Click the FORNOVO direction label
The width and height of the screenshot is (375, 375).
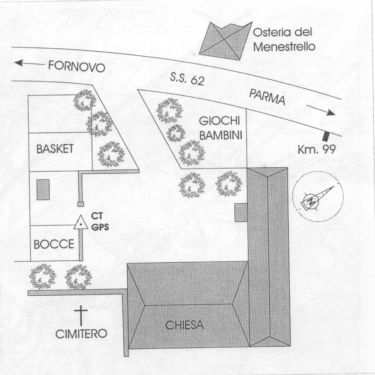click(x=77, y=67)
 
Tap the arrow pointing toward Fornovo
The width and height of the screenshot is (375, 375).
click(x=30, y=63)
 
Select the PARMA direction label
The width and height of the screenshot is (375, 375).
click(x=267, y=97)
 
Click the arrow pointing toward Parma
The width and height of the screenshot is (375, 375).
click(x=321, y=110)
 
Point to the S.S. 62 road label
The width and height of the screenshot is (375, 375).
click(x=187, y=79)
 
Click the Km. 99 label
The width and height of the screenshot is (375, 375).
click(x=317, y=149)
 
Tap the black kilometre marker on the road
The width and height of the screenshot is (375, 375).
click(x=326, y=136)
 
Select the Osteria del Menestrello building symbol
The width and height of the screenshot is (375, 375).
click(x=225, y=41)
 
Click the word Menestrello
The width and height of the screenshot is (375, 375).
click(x=284, y=47)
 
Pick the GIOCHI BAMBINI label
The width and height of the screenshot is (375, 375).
click(x=220, y=128)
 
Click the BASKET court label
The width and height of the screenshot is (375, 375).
click(x=55, y=149)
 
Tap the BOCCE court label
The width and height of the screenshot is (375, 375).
click(x=54, y=244)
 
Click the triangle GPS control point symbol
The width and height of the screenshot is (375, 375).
click(x=81, y=223)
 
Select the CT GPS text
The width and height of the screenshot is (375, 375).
click(x=100, y=221)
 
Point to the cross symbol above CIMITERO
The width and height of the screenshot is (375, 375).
click(x=81, y=316)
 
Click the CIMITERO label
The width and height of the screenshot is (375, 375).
click(x=81, y=334)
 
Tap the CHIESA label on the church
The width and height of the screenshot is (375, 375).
click(x=184, y=325)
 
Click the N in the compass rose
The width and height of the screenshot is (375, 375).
click(x=311, y=201)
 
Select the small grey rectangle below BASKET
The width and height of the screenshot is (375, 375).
click(x=43, y=189)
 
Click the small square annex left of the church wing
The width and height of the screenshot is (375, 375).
click(x=241, y=213)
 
